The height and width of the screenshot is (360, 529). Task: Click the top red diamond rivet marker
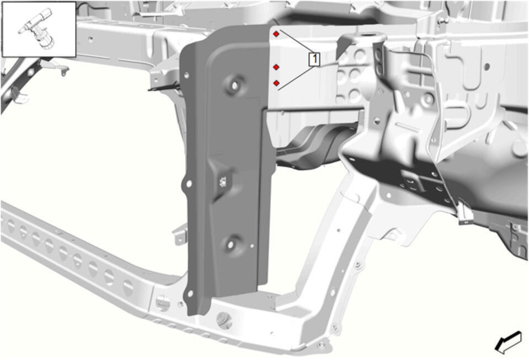(x=276, y=34)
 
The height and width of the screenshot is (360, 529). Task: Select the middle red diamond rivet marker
(x=276, y=67)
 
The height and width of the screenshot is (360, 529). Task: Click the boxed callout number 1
(x=314, y=59)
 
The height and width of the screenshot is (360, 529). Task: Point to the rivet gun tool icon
(x=38, y=29)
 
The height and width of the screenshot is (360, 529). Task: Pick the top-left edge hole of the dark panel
(x=187, y=76)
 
